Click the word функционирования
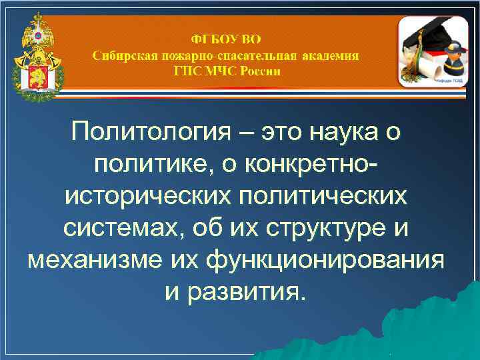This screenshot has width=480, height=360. tap(327, 261)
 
